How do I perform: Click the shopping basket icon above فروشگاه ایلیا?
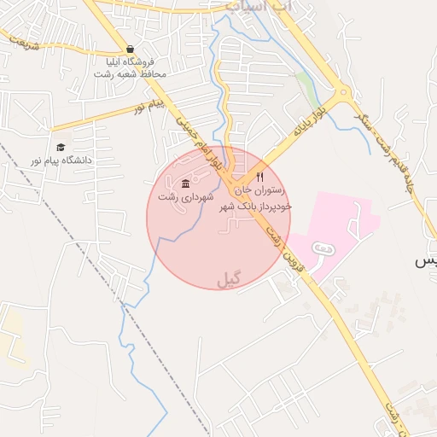point(129,50)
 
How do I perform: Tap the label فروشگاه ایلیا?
point(130,62)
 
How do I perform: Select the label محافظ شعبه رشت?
point(130,74)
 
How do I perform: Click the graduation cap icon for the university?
point(61,148)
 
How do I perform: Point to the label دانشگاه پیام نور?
point(61,160)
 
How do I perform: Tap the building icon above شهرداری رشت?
point(185,185)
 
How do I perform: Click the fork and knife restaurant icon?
point(260,177)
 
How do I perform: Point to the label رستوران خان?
point(261,191)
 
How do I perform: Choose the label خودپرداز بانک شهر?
point(256,206)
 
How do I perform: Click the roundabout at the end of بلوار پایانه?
point(342,94)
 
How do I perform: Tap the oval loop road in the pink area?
point(323,248)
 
